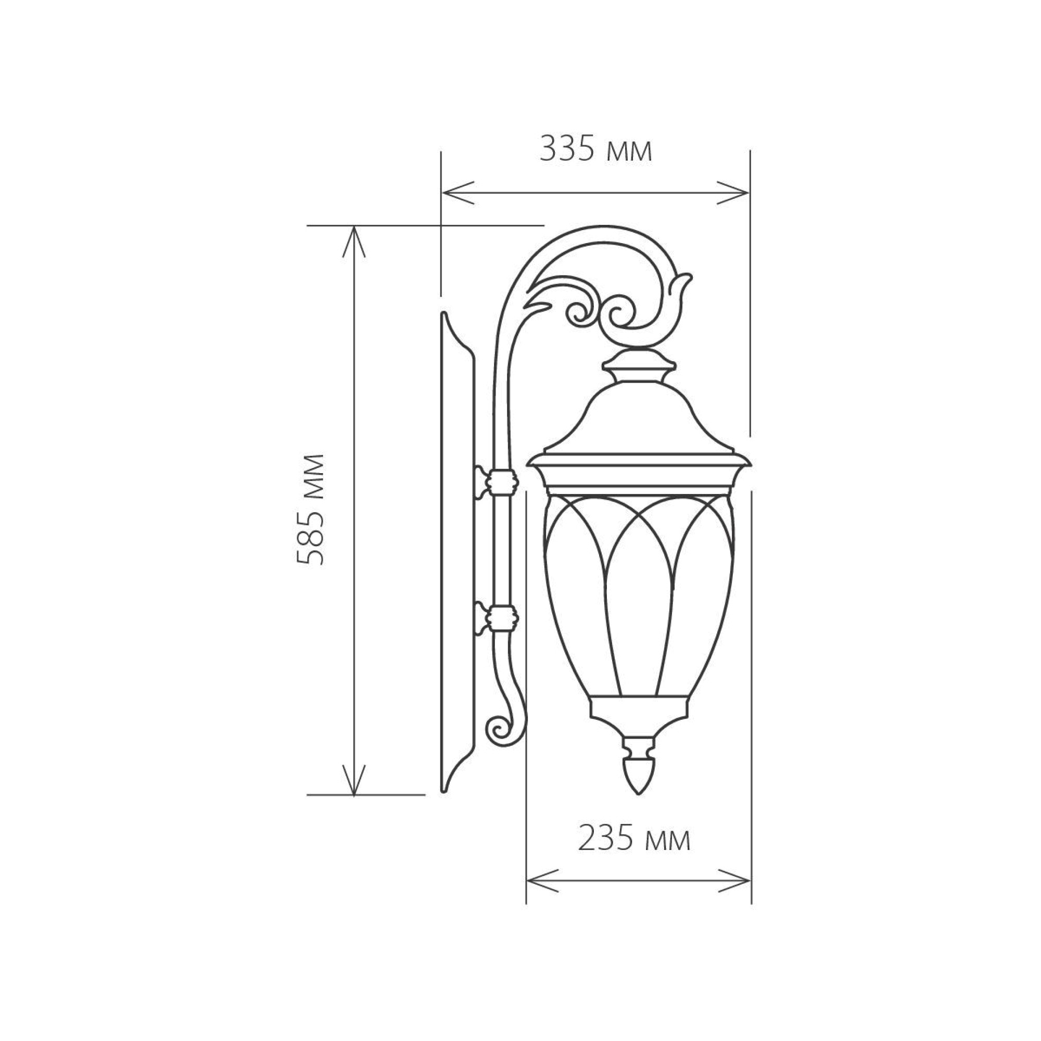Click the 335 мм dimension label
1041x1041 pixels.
click(x=595, y=150)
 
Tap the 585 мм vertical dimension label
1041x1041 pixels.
click(x=311, y=509)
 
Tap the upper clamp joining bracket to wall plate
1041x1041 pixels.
click(x=501, y=479)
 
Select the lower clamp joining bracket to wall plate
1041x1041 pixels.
click(x=501, y=616)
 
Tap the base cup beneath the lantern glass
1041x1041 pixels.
click(x=639, y=710)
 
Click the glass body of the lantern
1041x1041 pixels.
click(x=639, y=582)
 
